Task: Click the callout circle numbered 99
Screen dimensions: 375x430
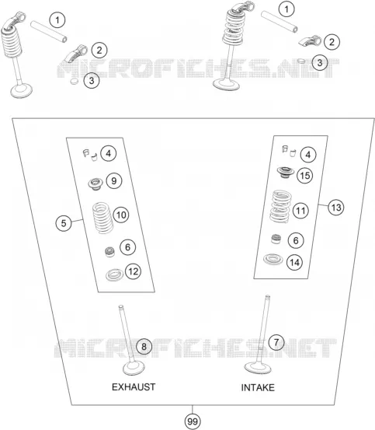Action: pos(193,421)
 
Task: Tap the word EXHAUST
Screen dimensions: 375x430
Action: pos(134,387)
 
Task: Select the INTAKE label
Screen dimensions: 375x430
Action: pos(258,387)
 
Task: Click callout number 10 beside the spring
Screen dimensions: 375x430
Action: pos(121,215)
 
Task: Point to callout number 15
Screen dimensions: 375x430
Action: pos(305,175)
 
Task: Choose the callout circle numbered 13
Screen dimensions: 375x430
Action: pos(336,208)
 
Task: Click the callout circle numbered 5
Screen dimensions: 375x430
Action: pos(64,223)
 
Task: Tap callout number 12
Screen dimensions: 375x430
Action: pos(133,271)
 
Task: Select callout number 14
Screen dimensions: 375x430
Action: pos(294,263)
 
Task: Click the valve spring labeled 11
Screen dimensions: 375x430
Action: pos(280,206)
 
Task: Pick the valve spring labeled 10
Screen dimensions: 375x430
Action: pos(102,218)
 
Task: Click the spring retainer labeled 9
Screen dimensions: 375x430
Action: pos(95,184)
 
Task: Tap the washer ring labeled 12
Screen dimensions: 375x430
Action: pos(114,274)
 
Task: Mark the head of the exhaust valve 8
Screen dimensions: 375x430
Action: pos(134,369)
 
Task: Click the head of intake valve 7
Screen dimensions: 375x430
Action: pos(258,368)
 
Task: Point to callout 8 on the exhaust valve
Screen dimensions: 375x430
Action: pos(144,347)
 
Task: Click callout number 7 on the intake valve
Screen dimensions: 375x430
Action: pos(276,342)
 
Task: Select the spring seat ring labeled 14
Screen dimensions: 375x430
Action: pos(273,259)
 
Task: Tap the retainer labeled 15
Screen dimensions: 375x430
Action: pos(285,172)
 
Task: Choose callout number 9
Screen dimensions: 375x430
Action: pos(113,180)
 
